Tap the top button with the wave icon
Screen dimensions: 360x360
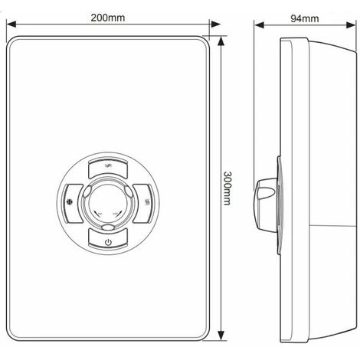[x=109, y=167]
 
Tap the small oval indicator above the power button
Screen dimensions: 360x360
[x=109, y=228]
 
